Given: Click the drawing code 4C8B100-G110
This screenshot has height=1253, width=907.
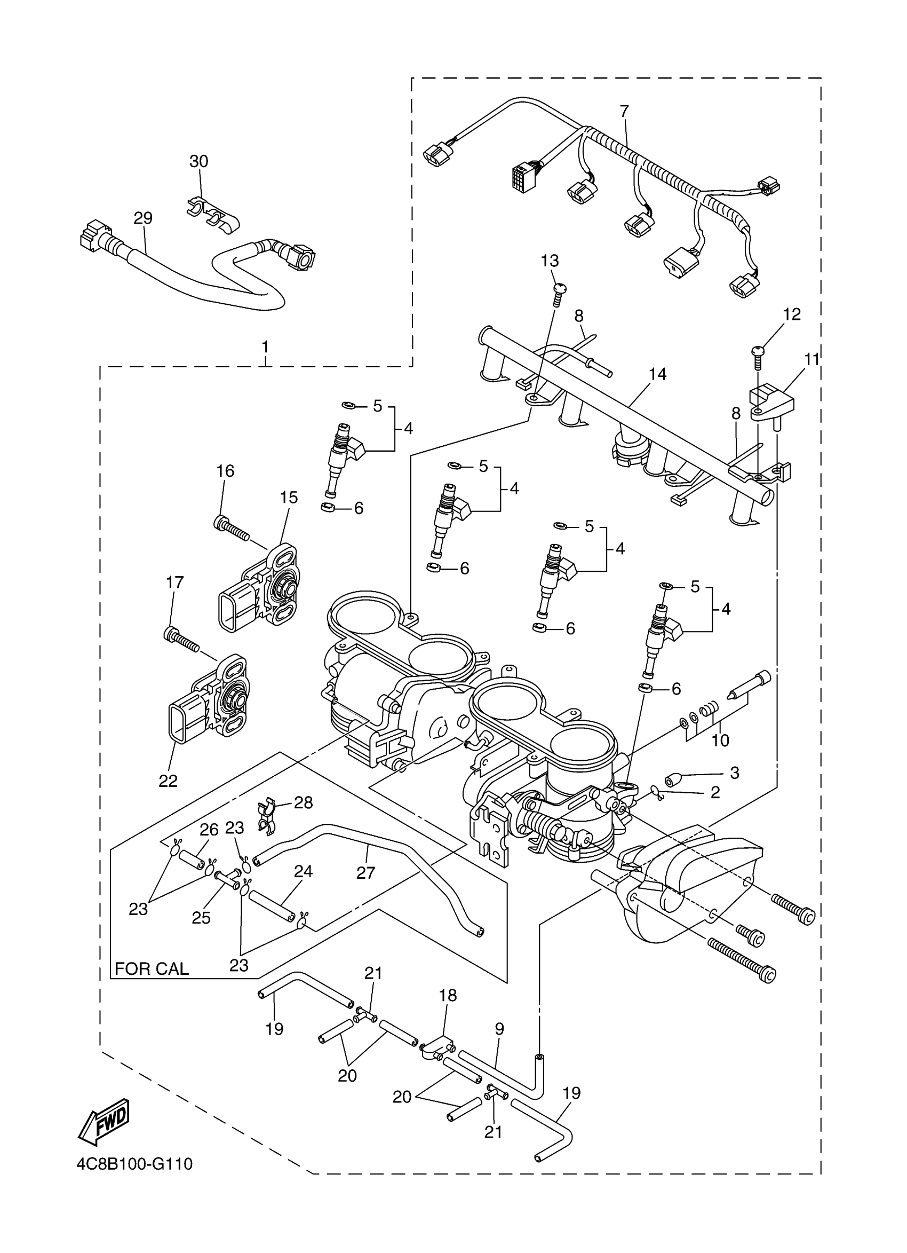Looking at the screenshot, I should pos(134,1164).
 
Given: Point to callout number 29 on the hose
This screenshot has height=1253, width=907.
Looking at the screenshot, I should pos(143,218).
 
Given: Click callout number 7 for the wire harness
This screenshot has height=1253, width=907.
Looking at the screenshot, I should pos(624,112).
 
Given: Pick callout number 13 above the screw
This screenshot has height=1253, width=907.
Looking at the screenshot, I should pos(550,261).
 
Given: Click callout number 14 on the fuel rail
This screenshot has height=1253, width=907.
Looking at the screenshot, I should pos(657,374).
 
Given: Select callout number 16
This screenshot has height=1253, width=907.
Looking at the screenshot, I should pos(225,471).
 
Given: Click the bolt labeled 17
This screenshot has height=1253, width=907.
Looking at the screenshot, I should pos(181,640).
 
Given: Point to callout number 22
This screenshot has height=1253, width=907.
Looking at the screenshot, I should pos(168,781).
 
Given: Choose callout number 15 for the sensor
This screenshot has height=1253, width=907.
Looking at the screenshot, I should pos(289,497).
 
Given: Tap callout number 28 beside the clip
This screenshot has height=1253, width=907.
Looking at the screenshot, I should pos(304,802).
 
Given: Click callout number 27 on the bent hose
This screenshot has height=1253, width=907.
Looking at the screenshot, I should pos(365,873).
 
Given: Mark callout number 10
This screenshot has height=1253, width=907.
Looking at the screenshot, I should pos(720,740).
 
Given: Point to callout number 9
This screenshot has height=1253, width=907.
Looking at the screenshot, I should pos(499,1029).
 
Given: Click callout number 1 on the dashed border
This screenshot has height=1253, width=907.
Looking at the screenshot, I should pos(265,347).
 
